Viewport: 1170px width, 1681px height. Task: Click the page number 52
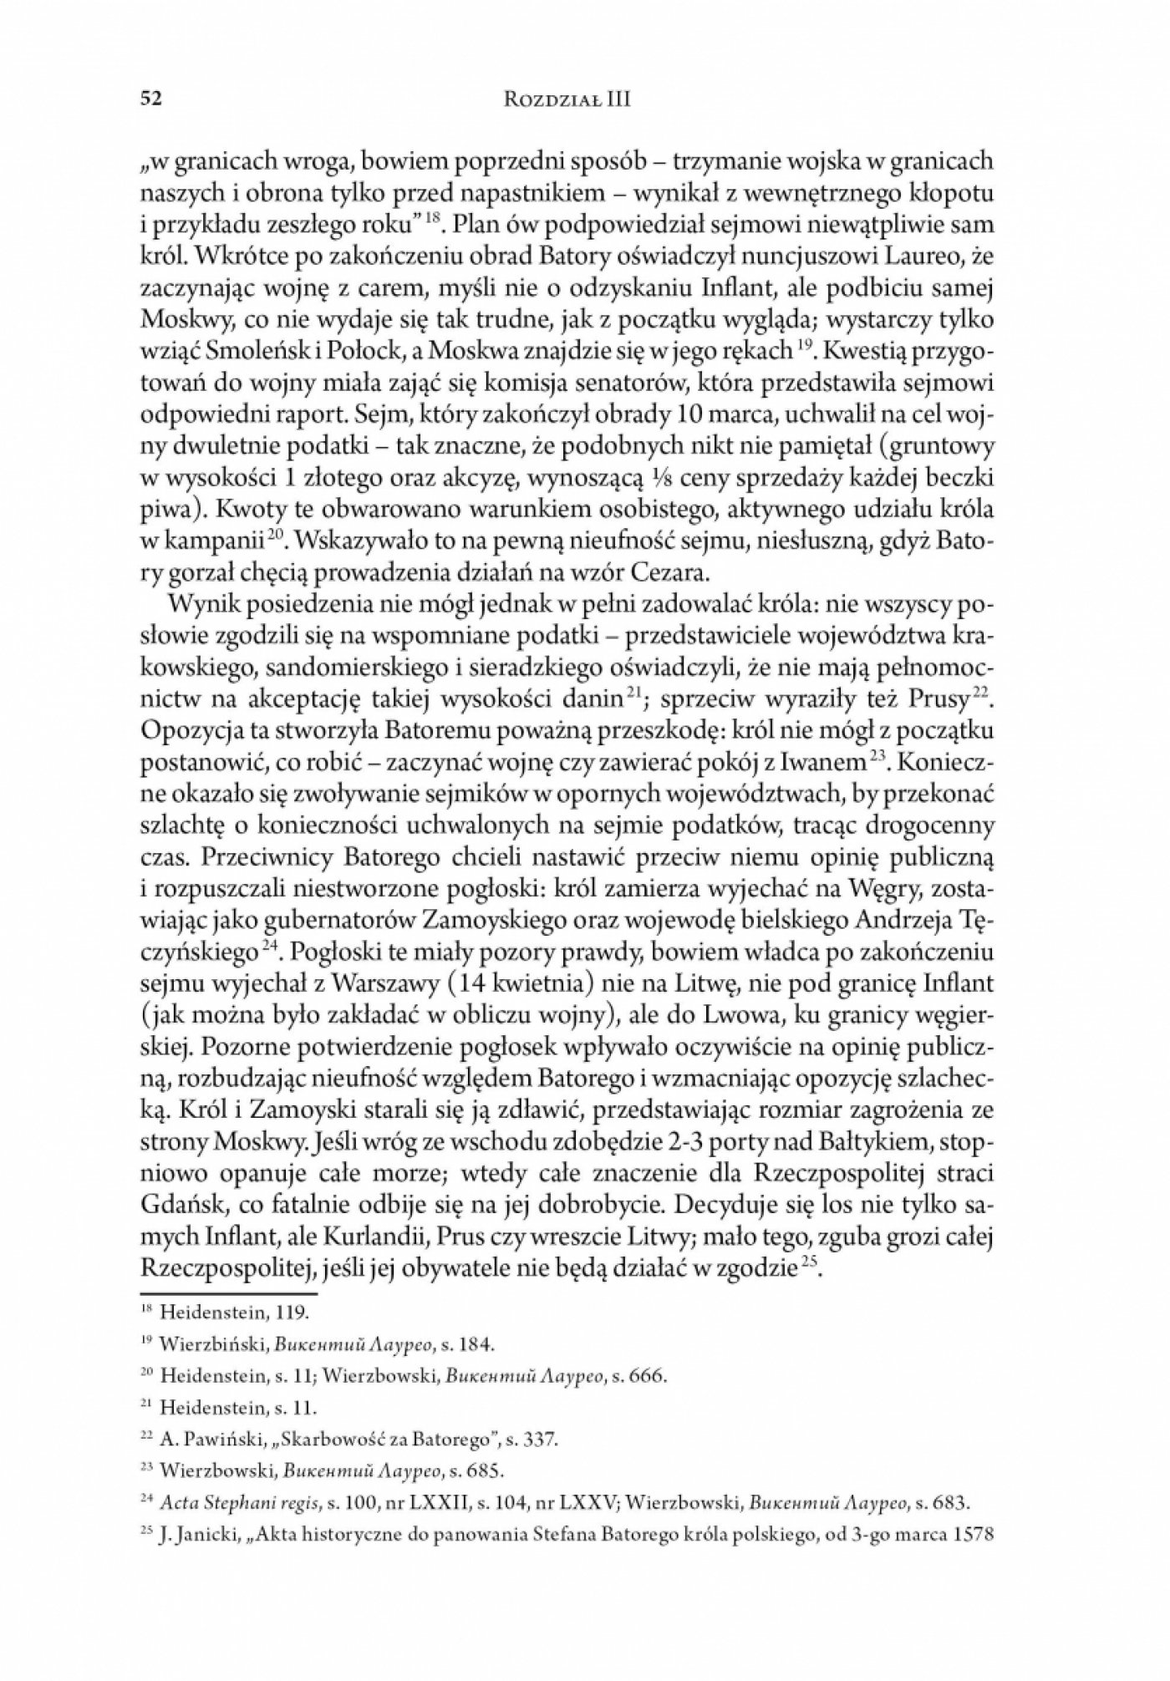tap(150, 99)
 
